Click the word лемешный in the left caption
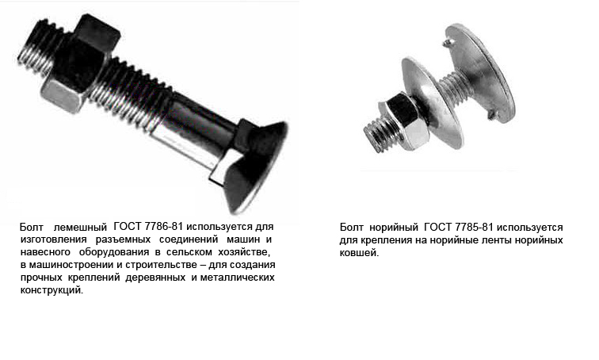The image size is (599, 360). tap(80, 228)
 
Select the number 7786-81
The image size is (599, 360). tap(163, 227)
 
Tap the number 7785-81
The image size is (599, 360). tap(474, 228)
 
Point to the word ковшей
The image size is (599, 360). tap(359, 253)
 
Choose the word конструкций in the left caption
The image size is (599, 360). tap(52, 290)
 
